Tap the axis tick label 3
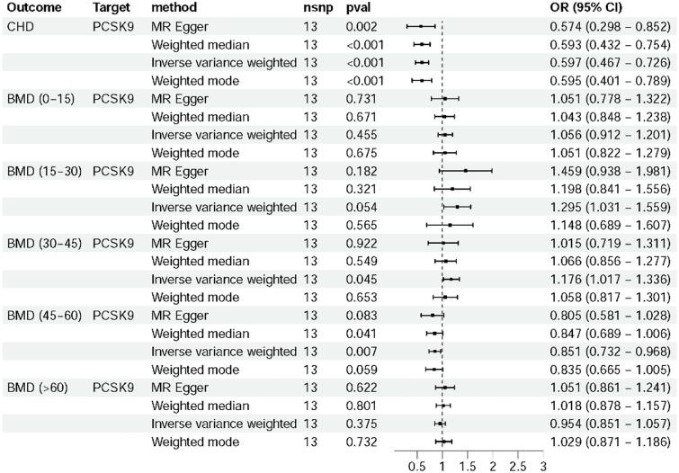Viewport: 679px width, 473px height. tap(543, 467)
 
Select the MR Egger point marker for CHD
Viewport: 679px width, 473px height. tap(421, 26)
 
